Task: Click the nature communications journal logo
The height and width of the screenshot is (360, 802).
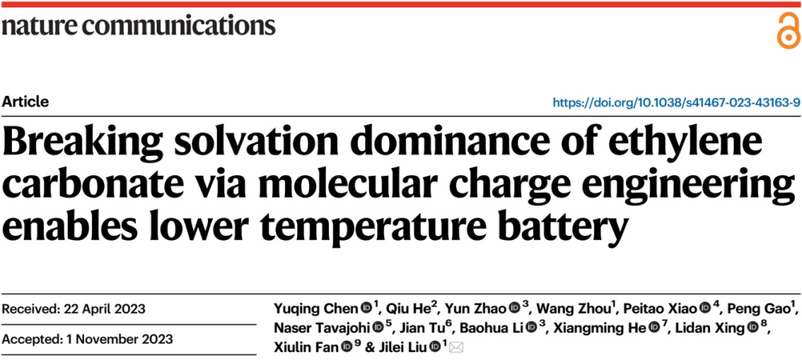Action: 138,25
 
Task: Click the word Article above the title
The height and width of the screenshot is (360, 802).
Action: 26,102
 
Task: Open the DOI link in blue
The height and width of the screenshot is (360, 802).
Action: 677,102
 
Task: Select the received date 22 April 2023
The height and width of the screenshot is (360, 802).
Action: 74,308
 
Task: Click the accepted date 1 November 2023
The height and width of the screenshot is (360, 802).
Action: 88,340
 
